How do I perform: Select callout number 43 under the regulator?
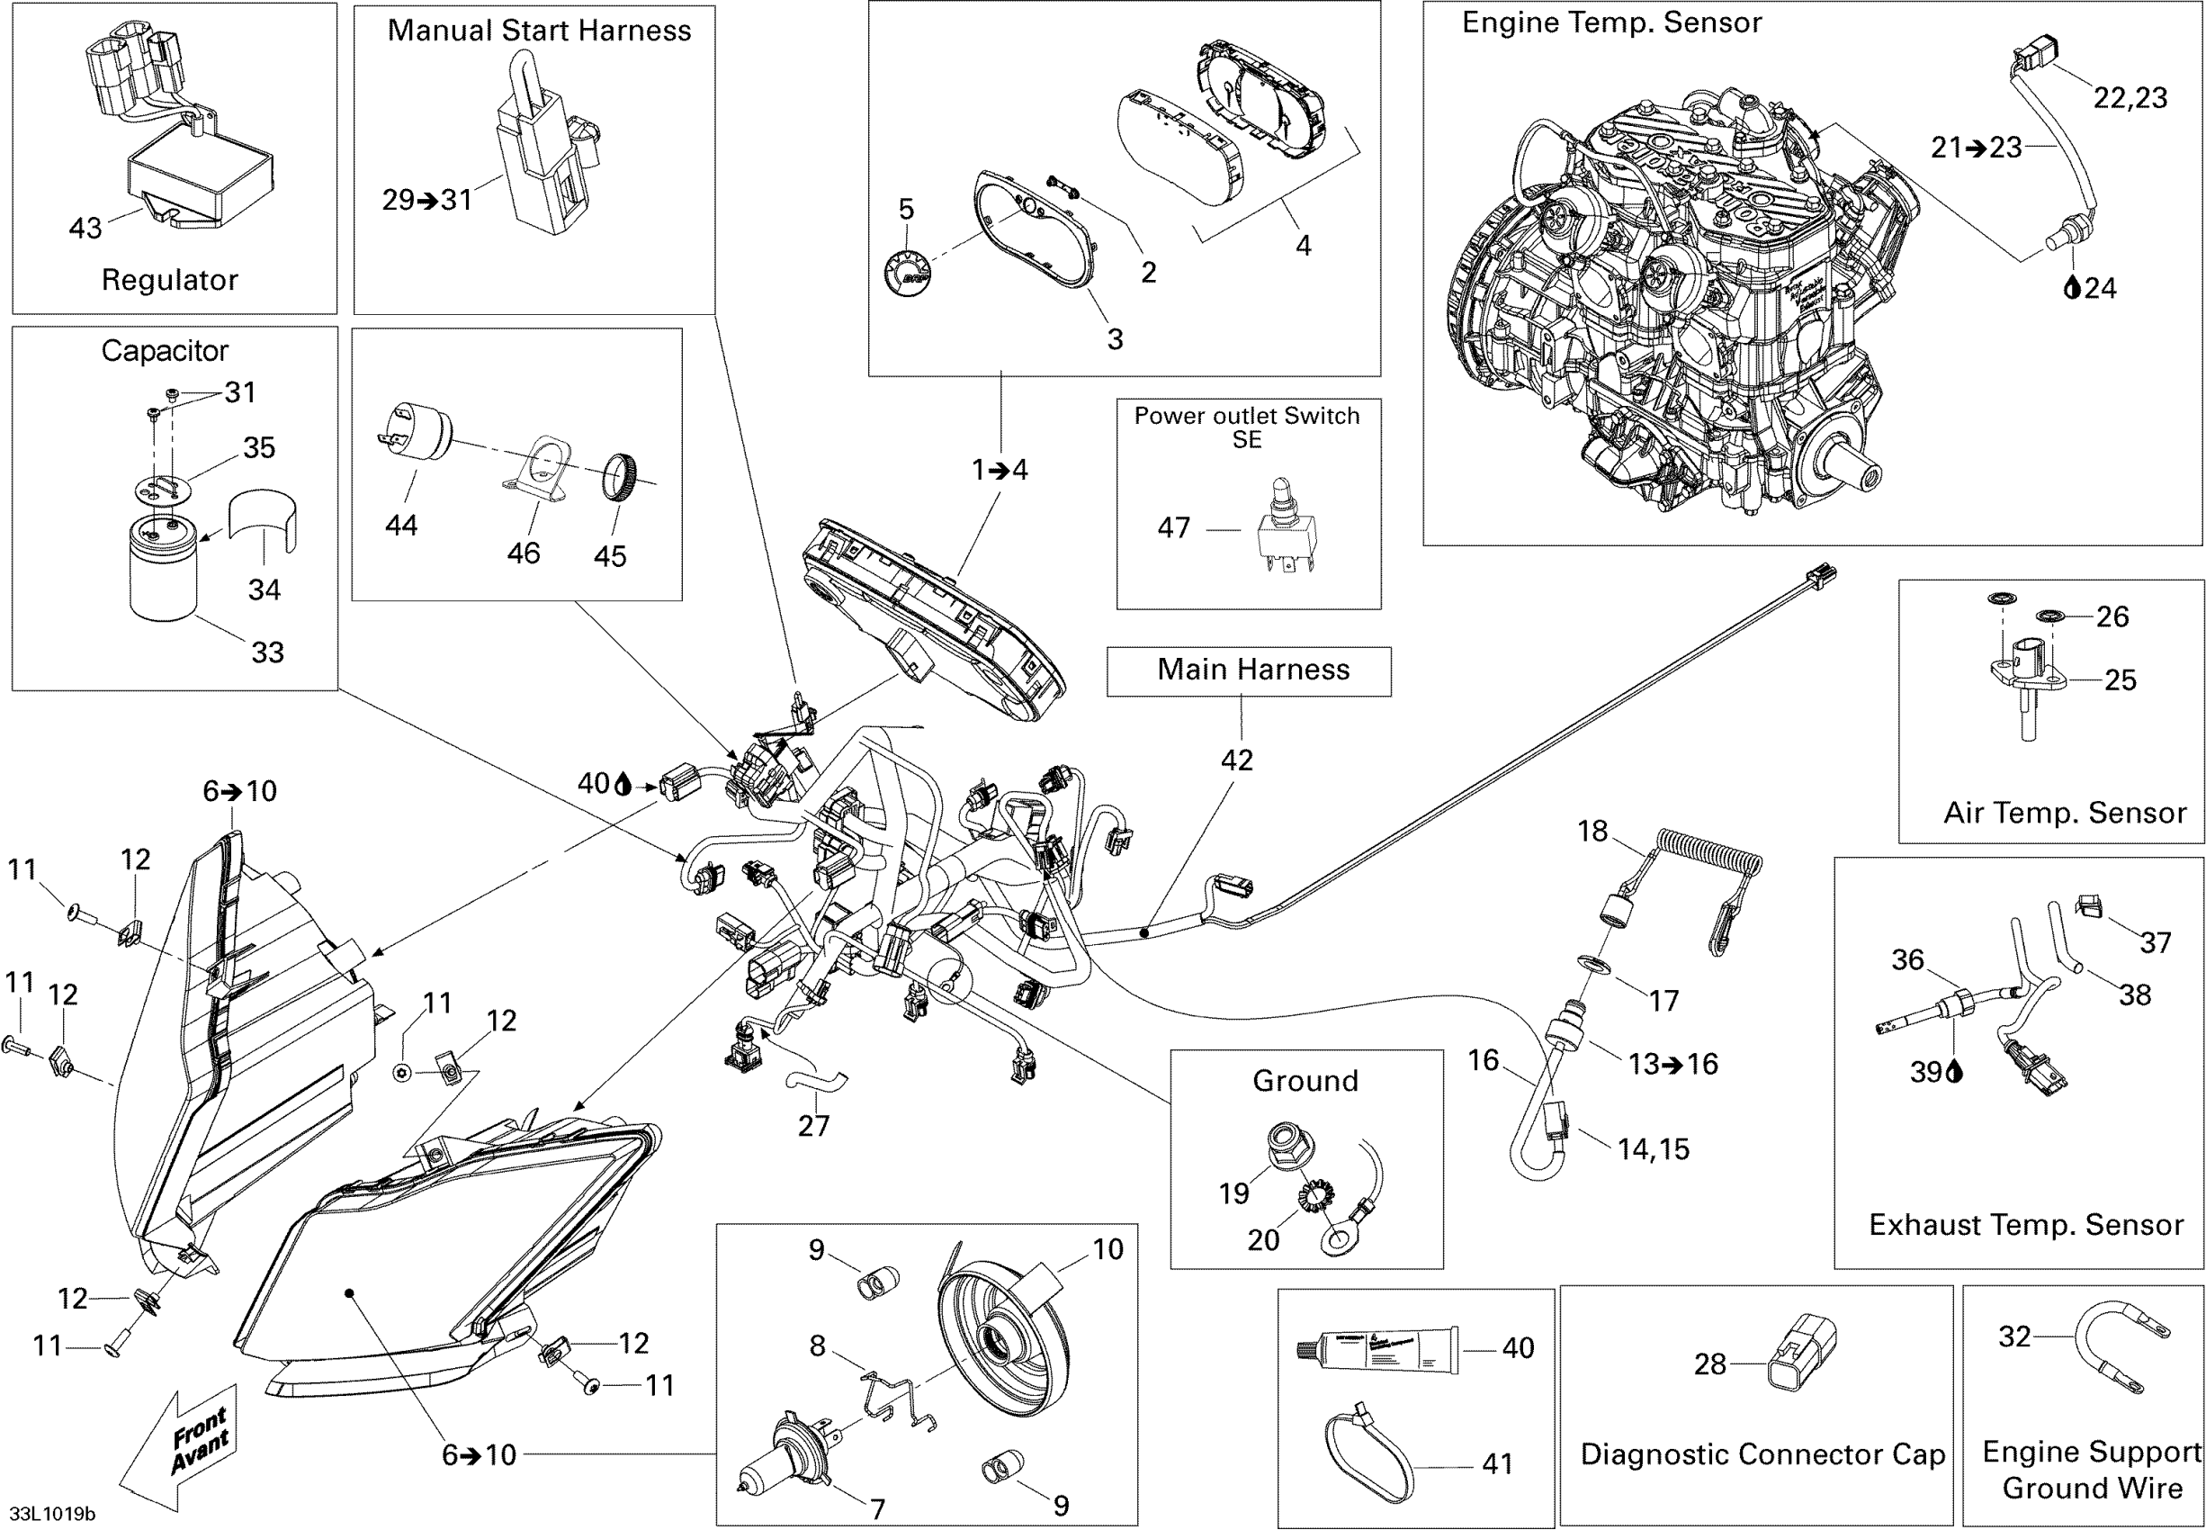[x=85, y=229]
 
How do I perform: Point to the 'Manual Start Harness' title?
[x=539, y=31]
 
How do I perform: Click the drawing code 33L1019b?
[x=53, y=1514]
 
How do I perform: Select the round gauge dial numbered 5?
[x=906, y=270]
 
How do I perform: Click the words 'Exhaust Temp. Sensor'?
[x=2026, y=1224]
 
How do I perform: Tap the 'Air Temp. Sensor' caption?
[x=2064, y=813]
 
